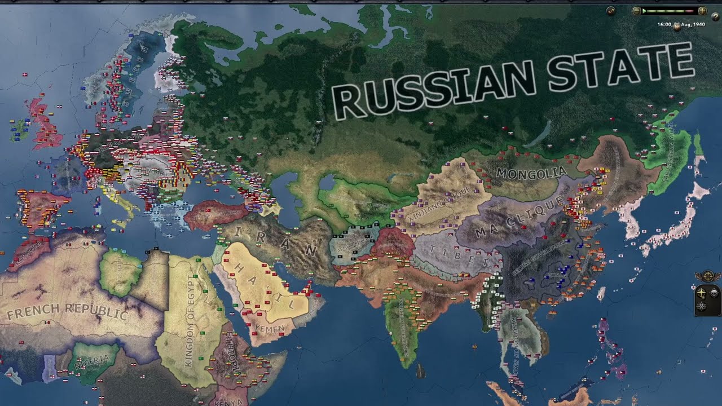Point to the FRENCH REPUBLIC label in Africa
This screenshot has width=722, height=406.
[x=68, y=311]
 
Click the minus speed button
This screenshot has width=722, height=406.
[x=636, y=11]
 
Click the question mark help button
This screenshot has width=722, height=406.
[x=716, y=17]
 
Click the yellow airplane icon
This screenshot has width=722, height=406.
[x=701, y=293]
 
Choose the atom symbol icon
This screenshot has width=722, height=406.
[x=701, y=306]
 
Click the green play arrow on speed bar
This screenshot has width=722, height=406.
[x=644, y=11]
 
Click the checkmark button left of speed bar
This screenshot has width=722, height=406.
[x=611, y=11]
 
